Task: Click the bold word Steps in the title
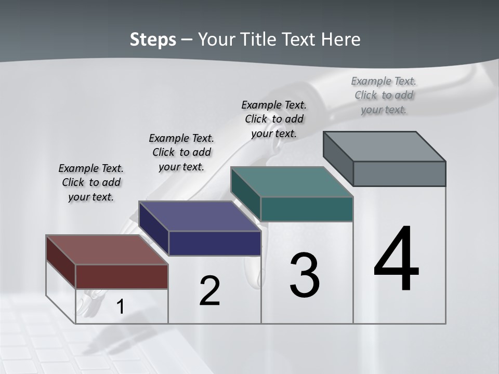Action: tap(153, 39)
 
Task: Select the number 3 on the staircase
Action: tap(305, 275)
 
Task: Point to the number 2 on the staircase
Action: tap(209, 291)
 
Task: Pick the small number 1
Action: tap(120, 307)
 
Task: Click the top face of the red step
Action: tap(107, 250)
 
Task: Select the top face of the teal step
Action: tap(292, 182)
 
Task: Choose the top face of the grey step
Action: tap(384, 146)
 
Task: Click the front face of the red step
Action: tap(122, 276)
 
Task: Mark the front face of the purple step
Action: tap(215, 243)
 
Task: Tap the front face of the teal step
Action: tap(307, 209)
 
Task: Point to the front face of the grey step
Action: tap(399, 173)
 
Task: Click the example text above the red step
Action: tap(91, 182)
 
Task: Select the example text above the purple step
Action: tap(181, 152)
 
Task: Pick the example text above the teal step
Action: tap(274, 119)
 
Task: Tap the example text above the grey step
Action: tap(384, 95)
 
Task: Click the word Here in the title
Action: tap(342, 39)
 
